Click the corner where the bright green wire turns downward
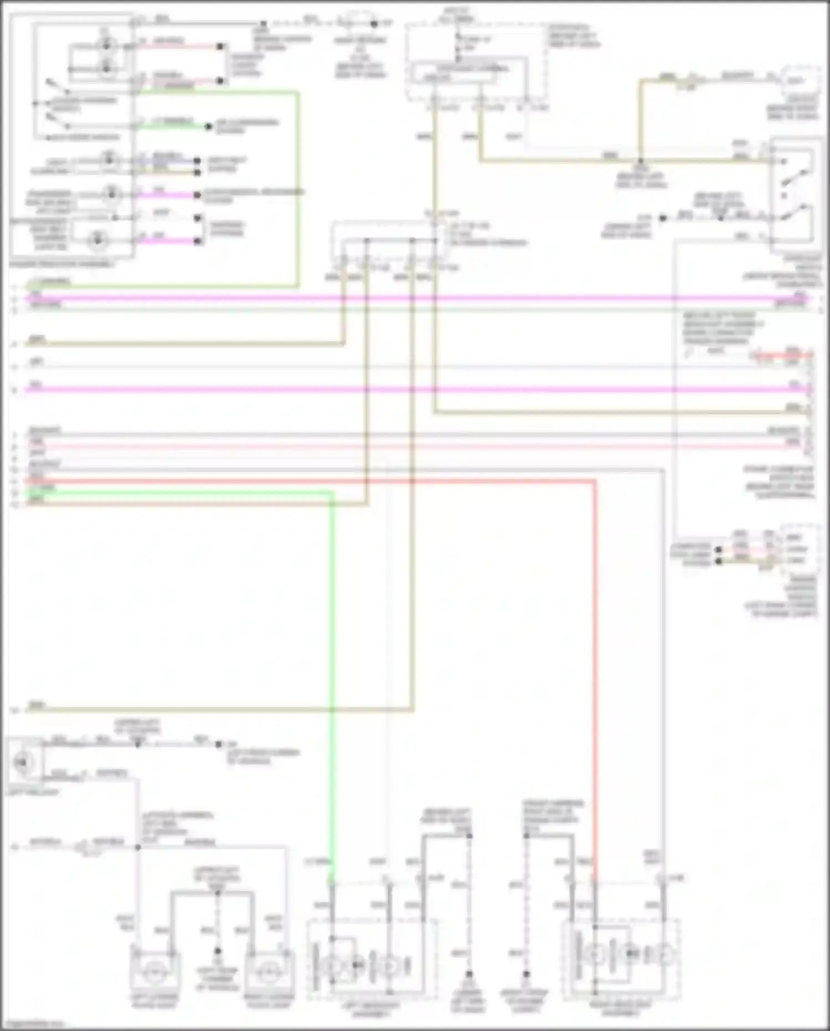[333, 491]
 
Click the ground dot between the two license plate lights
[218, 951]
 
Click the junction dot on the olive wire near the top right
[641, 161]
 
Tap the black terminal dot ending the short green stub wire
[208, 127]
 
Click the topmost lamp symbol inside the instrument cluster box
[105, 45]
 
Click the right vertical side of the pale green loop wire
[299, 188]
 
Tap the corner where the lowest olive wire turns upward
[412, 709]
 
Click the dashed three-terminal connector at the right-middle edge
[799, 549]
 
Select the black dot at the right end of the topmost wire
[374, 24]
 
